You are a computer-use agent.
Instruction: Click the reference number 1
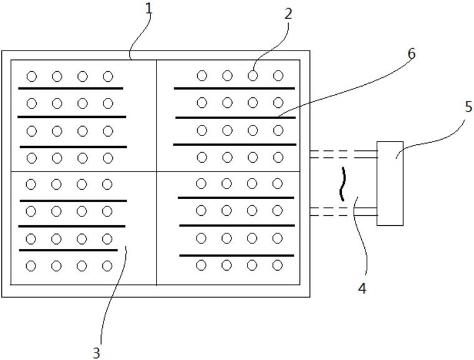coord(148,9)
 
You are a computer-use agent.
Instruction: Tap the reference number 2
coord(288,14)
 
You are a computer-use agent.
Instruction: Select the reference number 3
coord(97,353)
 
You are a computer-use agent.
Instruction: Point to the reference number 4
coord(362,289)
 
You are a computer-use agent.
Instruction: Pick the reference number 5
coord(468,107)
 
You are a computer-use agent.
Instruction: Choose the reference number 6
coord(412,54)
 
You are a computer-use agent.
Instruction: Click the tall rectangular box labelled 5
coord(390,183)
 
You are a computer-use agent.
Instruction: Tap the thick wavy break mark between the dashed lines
coord(342,184)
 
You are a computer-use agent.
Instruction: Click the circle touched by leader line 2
coord(253,75)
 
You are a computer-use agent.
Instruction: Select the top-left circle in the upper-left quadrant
coord(32,77)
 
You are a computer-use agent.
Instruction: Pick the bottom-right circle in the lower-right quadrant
coord(278,265)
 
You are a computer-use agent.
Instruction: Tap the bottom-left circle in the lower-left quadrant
coord(31,266)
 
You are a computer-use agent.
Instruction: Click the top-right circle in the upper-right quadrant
coord(278,75)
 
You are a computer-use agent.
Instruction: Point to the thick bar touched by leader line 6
coord(236,117)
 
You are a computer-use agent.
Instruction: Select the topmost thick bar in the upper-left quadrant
coord(70,89)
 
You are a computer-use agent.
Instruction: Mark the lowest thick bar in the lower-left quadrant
coord(69,250)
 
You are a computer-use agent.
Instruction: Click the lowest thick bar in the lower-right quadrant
coord(237,256)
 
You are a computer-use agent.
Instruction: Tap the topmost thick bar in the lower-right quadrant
coord(236,198)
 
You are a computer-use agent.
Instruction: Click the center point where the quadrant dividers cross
coord(157,172)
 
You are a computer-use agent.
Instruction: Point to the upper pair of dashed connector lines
coord(344,154)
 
